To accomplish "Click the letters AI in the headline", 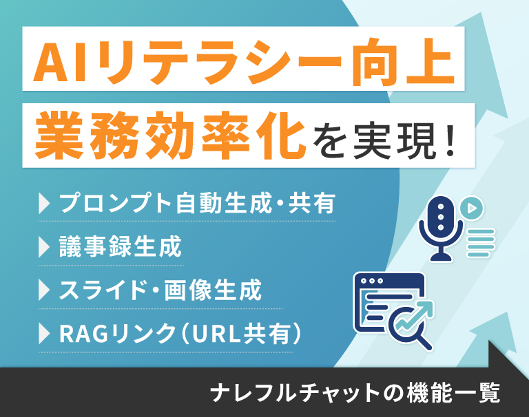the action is coord(60,62).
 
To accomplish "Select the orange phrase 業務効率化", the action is coord(170,136).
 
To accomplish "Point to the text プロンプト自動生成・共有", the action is coord(198,203).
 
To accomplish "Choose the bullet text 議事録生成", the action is coord(121,246).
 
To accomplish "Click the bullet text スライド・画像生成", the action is coord(160,290).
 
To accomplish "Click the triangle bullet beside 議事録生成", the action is coord(44,247).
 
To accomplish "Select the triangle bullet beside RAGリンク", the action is coord(44,334).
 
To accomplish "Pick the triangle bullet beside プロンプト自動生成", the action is coord(44,203).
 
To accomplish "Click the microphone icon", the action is coord(440,228).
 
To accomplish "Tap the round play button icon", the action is coord(472,208).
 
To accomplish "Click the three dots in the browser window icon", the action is coord(371,281).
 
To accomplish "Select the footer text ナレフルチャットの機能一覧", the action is coord(355,392).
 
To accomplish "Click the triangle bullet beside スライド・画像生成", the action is coord(44,290).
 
